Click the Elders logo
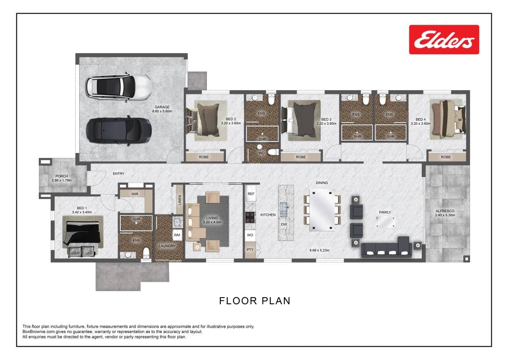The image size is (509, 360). pyautogui.click(x=444, y=40)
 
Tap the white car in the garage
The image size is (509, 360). pyautogui.click(x=119, y=87)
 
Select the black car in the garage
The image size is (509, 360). pyautogui.click(x=119, y=131)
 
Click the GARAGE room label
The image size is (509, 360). pyautogui.click(x=162, y=107)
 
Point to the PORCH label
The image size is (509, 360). pyautogui.click(x=61, y=176)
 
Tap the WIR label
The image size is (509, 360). pyautogui.click(x=135, y=194)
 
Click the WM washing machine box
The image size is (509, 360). pyautogui.click(x=177, y=235)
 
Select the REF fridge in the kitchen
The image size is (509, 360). pyautogui.click(x=251, y=194)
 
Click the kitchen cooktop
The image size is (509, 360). pyautogui.click(x=250, y=217)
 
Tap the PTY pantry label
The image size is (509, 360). pyautogui.click(x=250, y=249)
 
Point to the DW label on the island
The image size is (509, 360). pyautogui.click(x=284, y=224)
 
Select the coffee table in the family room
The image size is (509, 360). pyautogui.click(x=385, y=222)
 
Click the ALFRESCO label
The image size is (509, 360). pyautogui.click(x=445, y=211)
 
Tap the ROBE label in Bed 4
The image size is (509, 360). pyautogui.click(x=446, y=157)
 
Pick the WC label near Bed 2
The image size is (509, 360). pyautogui.click(x=261, y=153)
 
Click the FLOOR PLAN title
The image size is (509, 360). pyautogui.click(x=255, y=301)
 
